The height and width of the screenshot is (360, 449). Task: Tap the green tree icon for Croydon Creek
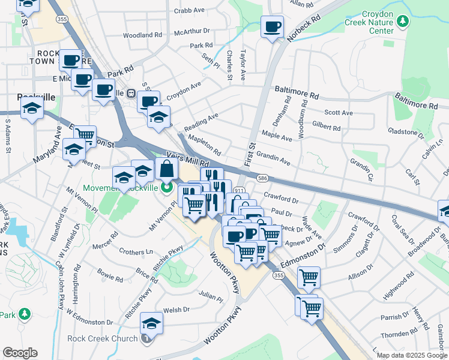[x=403, y=22]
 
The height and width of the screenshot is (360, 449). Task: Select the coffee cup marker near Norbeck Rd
[x=272, y=26]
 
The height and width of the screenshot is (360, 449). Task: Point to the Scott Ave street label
[x=338, y=112]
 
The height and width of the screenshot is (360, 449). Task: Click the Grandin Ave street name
[x=273, y=158]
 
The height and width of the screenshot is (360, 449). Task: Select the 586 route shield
[x=263, y=178]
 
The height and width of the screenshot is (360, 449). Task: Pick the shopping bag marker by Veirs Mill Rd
[x=166, y=169]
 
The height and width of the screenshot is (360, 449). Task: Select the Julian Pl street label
[x=211, y=297]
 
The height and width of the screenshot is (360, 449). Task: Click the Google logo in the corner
[x=20, y=353]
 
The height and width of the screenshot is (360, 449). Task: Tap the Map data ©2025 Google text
[x=411, y=355]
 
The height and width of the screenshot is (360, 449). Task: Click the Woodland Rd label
[x=143, y=35]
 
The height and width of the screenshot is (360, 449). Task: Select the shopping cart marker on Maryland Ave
[x=85, y=135]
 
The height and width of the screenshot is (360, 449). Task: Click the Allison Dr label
[x=361, y=275]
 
